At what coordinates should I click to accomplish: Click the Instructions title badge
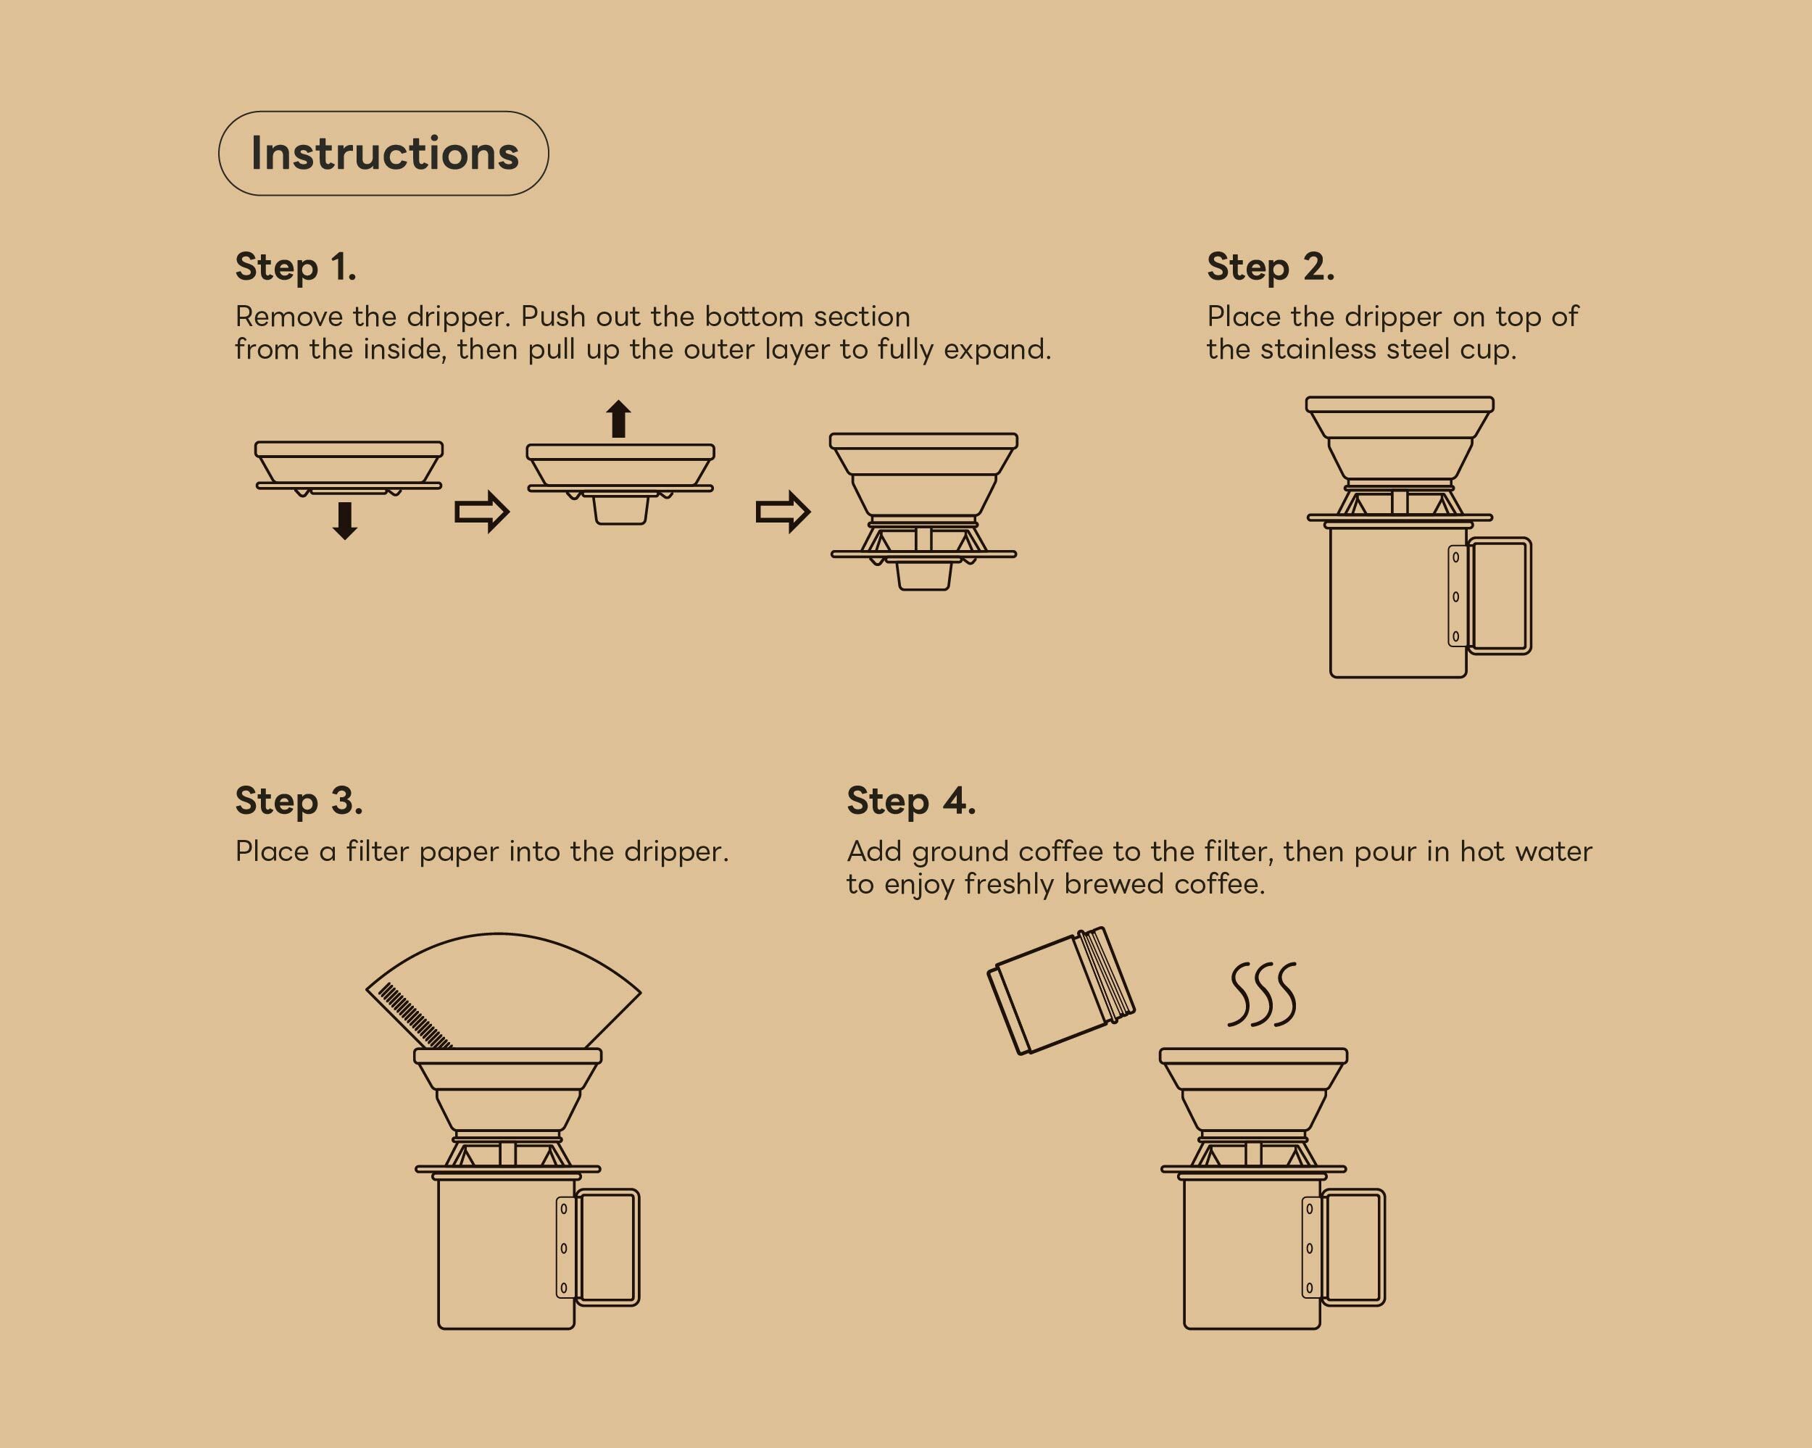[383, 154]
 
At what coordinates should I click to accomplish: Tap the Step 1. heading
[296, 268]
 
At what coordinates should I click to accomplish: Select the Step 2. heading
[1271, 268]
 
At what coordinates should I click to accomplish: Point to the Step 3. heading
[299, 802]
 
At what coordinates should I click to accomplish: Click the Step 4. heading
[911, 802]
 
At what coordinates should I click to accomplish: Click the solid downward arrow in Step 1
[344, 520]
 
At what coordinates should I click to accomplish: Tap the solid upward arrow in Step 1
[618, 418]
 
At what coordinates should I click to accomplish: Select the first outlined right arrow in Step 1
[481, 511]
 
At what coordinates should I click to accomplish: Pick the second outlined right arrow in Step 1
[784, 511]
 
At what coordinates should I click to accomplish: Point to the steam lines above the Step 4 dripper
[1261, 994]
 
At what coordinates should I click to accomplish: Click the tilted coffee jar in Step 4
[1060, 990]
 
